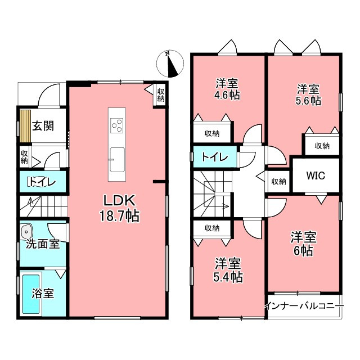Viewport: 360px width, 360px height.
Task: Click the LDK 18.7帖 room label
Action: pos(119,208)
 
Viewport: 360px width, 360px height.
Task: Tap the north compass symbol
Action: pos(170,64)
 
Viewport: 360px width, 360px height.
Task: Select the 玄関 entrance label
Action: pos(43,126)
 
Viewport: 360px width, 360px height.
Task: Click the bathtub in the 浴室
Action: pos(31,294)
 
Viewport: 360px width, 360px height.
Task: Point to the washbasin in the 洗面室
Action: pos(26,231)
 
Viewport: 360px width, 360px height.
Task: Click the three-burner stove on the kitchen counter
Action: pos(117,125)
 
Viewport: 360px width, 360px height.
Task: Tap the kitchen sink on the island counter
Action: pos(118,160)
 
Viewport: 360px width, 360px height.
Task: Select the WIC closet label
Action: pos(316,175)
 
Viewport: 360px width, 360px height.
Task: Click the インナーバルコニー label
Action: pos(304,306)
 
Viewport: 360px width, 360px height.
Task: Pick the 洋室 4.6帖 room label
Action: pos(227,89)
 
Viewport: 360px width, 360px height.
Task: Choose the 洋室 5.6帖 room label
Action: pos(308,95)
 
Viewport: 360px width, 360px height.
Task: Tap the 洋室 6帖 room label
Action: pos(304,244)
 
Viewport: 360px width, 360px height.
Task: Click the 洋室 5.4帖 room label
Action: pos(228,270)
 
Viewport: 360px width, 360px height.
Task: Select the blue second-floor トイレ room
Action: pos(215,157)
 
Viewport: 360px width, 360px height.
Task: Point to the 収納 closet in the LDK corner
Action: pos(160,95)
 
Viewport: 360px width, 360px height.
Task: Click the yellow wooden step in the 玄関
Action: pos(25,126)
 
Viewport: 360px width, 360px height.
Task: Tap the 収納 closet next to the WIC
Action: pos(279,182)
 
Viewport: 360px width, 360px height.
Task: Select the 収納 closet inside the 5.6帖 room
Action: pos(322,146)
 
